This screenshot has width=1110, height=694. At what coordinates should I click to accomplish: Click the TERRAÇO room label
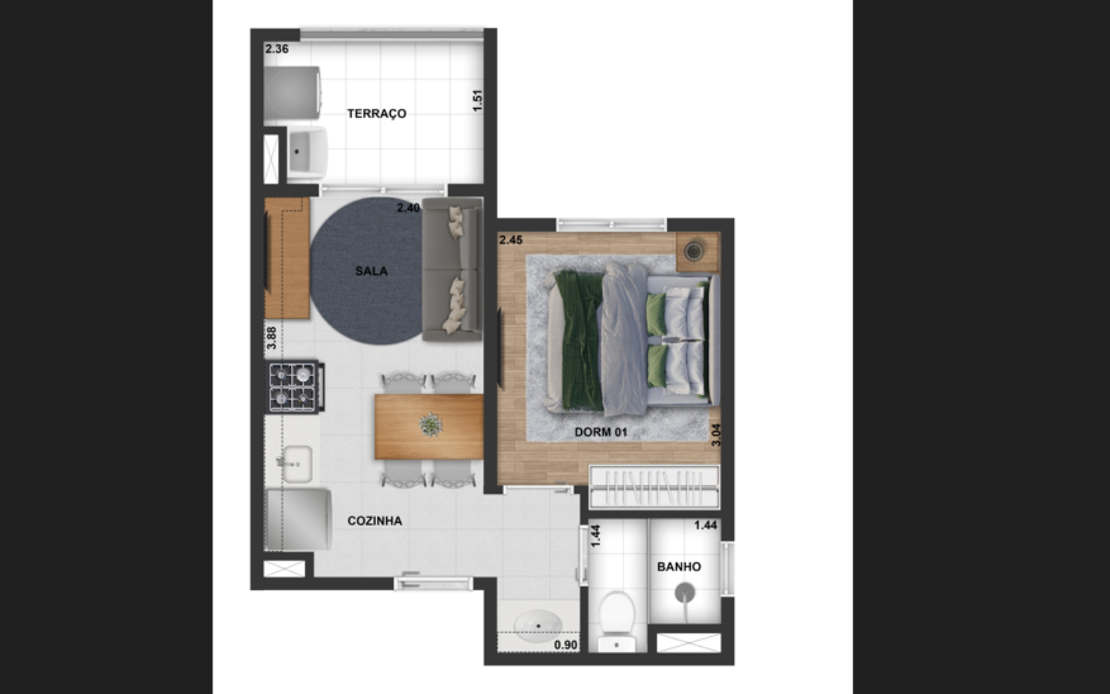click(377, 113)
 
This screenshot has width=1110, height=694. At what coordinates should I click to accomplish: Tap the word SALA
click(372, 271)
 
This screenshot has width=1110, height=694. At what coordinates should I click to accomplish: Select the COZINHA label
click(375, 520)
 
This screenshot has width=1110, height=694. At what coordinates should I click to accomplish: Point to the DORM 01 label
click(600, 432)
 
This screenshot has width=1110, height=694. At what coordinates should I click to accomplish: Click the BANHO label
click(679, 567)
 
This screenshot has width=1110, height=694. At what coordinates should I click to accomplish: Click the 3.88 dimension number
click(271, 338)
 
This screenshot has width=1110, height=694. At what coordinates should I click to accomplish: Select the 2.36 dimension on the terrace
click(277, 49)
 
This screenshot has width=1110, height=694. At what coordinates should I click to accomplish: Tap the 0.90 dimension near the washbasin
click(566, 645)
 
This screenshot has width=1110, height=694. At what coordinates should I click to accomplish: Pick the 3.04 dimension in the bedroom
click(715, 435)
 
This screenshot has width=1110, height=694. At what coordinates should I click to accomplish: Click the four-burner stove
click(295, 387)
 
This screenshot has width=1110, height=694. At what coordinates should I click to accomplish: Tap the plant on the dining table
click(431, 425)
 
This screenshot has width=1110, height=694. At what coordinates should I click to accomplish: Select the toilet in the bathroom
click(617, 622)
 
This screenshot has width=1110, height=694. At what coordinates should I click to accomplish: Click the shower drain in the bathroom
click(684, 592)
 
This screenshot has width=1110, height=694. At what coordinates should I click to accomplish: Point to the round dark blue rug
click(367, 271)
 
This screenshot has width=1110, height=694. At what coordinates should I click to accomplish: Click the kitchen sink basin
click(297, 464)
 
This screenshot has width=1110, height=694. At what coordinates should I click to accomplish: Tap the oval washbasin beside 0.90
click(538, 626)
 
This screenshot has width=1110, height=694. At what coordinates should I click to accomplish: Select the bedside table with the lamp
click(698, 252)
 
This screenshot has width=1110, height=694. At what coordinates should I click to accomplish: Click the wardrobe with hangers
click(654, 487)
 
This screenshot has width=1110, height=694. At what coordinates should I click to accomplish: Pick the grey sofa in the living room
click(452, 269)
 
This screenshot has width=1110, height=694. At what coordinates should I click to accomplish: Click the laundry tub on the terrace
click(308, 153)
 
